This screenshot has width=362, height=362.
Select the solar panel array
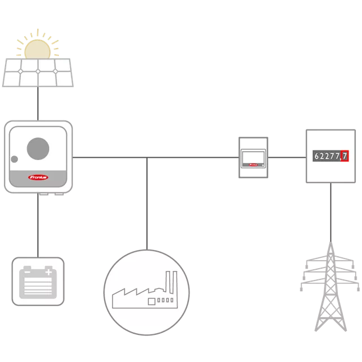(x=38, y=72)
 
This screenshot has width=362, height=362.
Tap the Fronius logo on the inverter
(x=38, y=177)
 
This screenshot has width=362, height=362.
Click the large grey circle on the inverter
(x=38, y=149)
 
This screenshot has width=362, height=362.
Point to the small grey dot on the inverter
(x=14, y=159)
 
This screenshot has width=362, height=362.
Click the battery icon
(x=38, y=282)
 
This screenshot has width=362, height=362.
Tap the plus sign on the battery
(x=49, y=272)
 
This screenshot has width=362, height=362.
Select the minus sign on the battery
(x=27, y=272)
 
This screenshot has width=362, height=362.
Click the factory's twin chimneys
(x=171, y=282)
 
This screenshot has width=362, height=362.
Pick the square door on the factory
(x=152, y=301)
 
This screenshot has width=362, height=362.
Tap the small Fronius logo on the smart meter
(x=253, y=165)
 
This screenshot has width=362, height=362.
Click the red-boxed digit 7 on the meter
(x=344, y=156)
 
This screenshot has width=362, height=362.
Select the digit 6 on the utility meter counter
(x=317, y=156)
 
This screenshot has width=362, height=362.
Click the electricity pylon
(x=330, y=287)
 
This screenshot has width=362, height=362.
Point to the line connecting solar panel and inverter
(x=38, y=104)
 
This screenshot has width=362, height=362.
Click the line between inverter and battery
(x=38, y=225)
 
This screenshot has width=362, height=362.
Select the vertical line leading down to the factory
(x=147, y=204)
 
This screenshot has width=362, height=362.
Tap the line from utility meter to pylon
(x=330, y=213)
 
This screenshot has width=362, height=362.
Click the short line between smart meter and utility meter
(x=287, y=157)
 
